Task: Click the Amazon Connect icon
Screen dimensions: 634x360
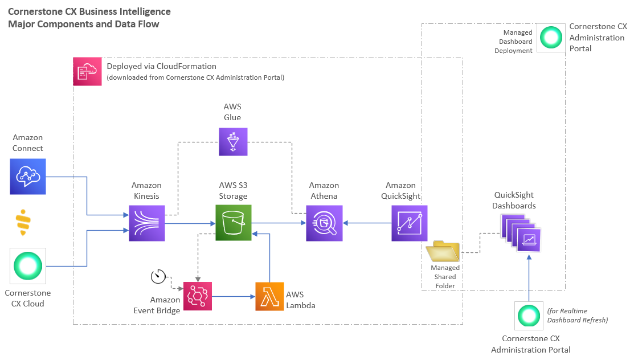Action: pos(28,177)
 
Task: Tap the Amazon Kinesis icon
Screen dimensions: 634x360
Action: pos(147,223)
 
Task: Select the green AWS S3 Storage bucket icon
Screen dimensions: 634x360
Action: pos(234,223)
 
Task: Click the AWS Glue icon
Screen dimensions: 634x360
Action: pos(233,142)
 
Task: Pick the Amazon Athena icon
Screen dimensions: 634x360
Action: pos(324,223)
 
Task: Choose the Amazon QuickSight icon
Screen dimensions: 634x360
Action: pos(409,223)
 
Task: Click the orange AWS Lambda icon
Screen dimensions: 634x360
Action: pos(269,297)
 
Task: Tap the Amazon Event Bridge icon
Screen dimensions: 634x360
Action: pos(198,297)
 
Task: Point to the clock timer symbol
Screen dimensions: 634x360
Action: pos(158,276)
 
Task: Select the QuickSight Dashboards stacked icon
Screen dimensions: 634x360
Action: pos(521,233)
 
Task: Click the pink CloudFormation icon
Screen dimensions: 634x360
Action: pos(87,72)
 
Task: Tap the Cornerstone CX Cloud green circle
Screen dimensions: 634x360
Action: pos(28,266)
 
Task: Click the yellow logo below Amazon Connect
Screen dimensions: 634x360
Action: pos(23,223)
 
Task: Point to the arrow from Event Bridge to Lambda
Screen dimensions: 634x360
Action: pos(234,297)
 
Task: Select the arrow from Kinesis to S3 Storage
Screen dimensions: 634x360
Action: pos(190,223)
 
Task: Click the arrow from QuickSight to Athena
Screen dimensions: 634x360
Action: pos(367,223)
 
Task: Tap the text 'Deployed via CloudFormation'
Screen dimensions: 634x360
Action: pos(161,66)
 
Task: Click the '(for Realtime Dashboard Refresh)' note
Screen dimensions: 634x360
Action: pos(578,316)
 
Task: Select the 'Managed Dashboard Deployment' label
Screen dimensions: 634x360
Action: pos(513,42)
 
